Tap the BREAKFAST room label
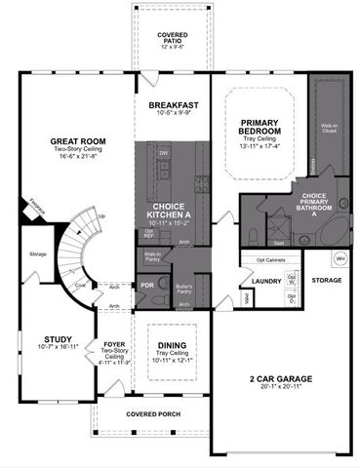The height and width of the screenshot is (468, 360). [173, 105]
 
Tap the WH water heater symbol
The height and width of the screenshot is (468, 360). [340, 258]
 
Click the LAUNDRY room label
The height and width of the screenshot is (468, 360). [265, 282]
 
